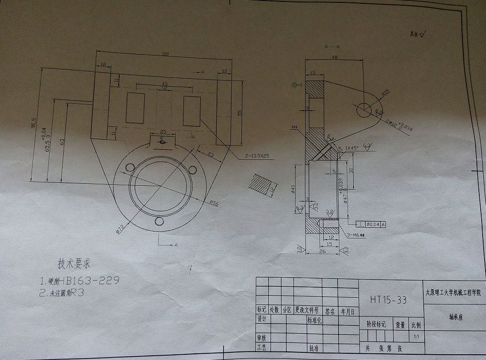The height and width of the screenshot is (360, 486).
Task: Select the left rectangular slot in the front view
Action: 135,107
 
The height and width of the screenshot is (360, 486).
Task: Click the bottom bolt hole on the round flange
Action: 158,222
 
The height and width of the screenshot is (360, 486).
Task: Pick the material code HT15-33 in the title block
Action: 388,300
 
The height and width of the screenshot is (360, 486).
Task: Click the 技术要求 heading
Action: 74,263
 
